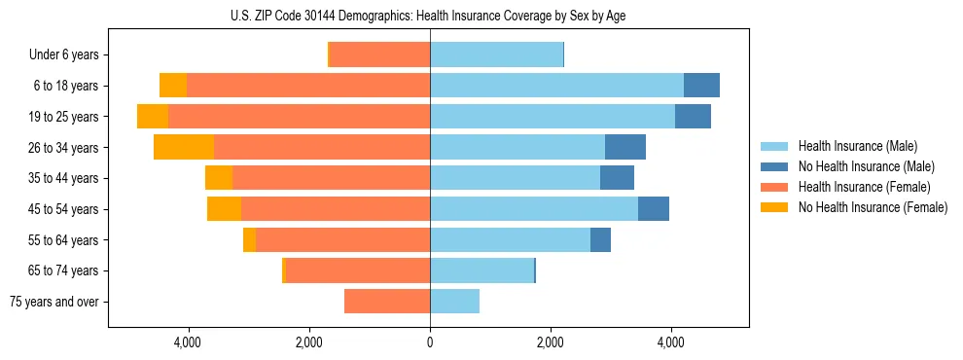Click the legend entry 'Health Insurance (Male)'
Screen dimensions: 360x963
point(857,146)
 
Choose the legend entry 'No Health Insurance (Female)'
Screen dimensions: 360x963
point(873,207)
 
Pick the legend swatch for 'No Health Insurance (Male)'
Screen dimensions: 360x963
point(774,166)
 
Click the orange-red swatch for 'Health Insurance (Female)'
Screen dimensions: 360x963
point(774,187)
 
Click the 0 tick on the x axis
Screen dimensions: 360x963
point(430,342)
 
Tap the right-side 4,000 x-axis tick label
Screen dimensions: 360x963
point(671,342)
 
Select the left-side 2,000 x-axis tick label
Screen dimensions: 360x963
point(309,342)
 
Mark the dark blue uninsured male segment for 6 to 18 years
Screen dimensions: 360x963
point(701,86)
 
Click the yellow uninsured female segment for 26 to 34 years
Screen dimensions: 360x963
point(184,147)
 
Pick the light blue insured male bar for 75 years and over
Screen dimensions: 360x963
point(454,302)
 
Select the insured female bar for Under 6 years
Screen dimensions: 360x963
point(379,55)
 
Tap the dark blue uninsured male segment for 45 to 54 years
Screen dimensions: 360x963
point(654,209)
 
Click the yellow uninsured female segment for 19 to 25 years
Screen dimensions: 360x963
point(153,117)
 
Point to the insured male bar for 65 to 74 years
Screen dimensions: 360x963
point(481,270)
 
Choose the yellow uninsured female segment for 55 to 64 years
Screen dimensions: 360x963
point(249,239)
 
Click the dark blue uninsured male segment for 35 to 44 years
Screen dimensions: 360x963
point(617,178)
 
